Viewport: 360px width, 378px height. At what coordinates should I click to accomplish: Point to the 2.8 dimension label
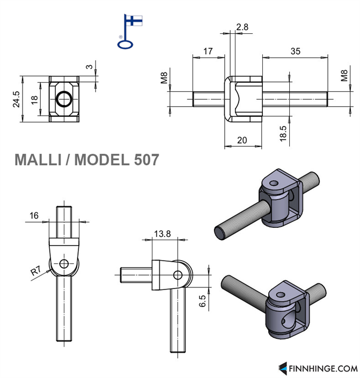pos(242,26)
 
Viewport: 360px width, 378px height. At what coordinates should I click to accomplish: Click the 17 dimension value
pos(208,51)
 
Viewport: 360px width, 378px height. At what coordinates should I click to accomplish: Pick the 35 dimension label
pos(295,51)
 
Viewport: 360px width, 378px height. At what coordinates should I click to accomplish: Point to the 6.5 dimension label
pos(202,300)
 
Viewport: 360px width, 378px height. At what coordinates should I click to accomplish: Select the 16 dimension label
pos(34,216)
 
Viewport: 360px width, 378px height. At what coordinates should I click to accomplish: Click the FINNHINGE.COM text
pos(322,368)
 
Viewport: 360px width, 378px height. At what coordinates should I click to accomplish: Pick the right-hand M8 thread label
pos(344,76)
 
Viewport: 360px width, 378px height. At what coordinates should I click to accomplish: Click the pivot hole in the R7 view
pos(64,263)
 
